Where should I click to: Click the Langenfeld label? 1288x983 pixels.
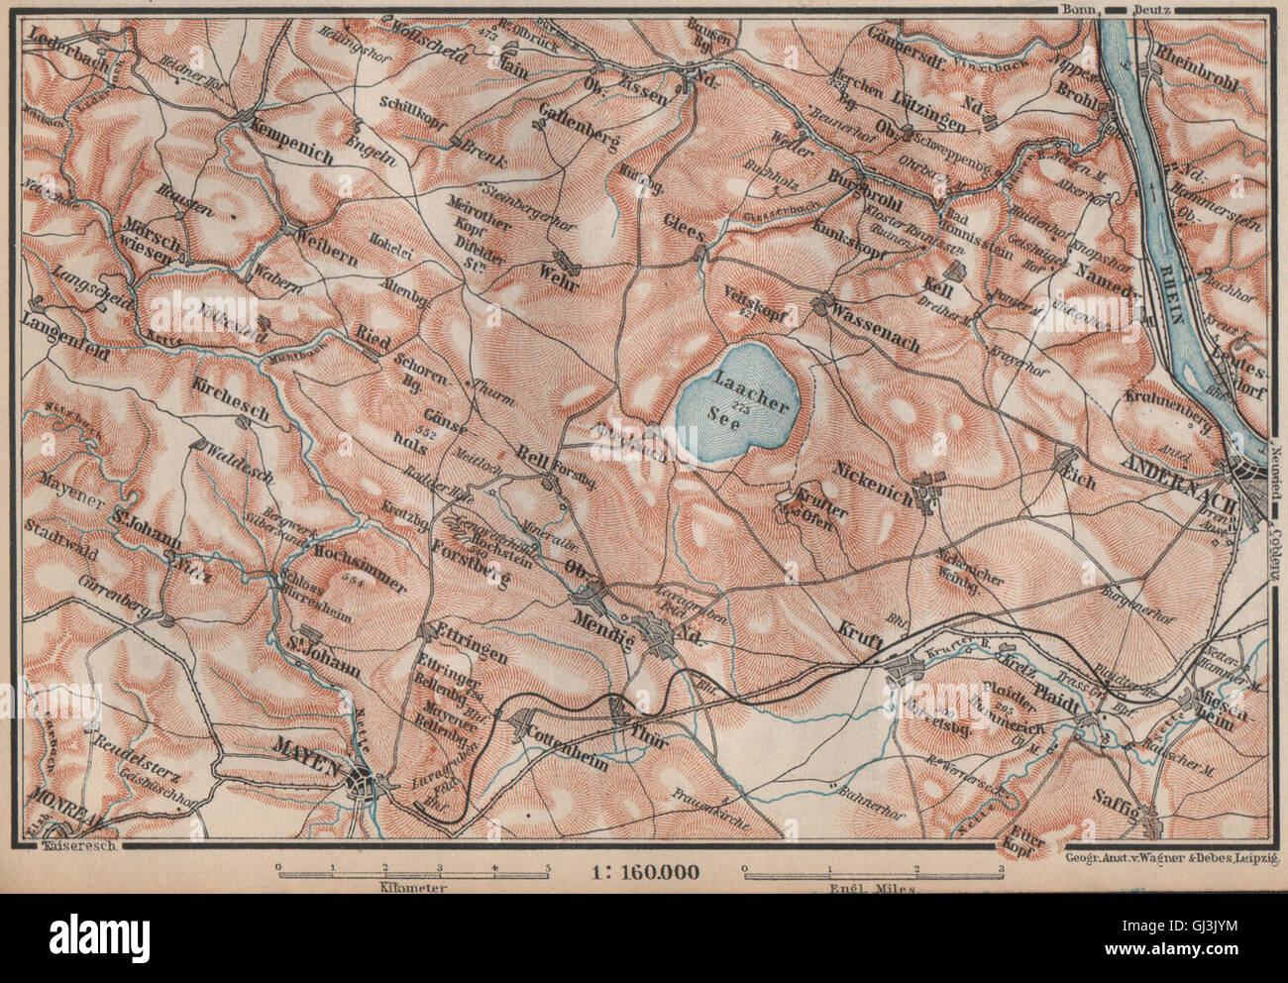(x=60, y=322)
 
